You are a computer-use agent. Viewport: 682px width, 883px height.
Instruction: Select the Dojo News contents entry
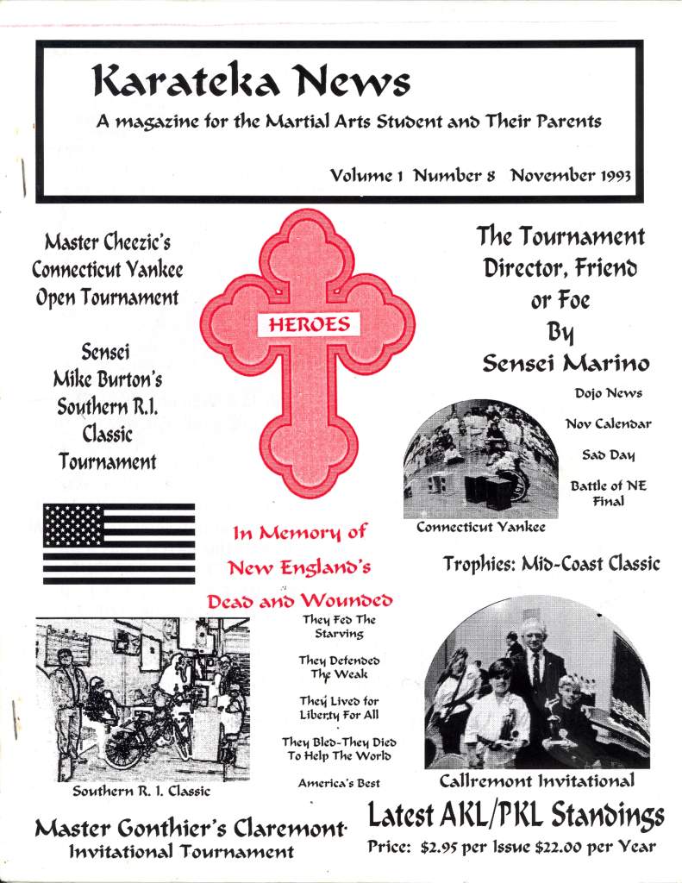coord(608,393)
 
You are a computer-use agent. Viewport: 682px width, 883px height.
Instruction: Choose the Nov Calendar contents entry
coord(608,423)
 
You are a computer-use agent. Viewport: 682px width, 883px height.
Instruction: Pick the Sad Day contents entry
coord(608,454)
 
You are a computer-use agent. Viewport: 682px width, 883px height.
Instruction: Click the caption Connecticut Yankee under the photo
coord(481,527)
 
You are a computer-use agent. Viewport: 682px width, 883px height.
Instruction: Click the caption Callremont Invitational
coord(537,782)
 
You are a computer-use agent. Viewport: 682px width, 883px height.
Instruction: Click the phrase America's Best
coord(338,784)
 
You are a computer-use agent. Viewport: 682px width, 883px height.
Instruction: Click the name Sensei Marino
coord(566,363)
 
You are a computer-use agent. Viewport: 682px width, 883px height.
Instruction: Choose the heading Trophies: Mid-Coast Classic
coord(552,564)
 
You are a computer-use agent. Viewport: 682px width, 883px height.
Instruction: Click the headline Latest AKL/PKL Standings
coord(516,815)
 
